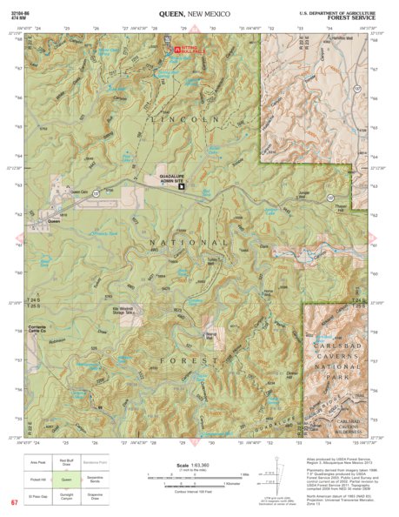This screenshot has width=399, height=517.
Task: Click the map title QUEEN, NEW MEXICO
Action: [199, 15]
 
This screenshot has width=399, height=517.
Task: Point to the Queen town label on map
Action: [53, 221]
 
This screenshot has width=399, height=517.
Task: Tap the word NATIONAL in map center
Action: [190, 242]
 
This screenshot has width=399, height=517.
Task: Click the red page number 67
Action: [15, 503]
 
